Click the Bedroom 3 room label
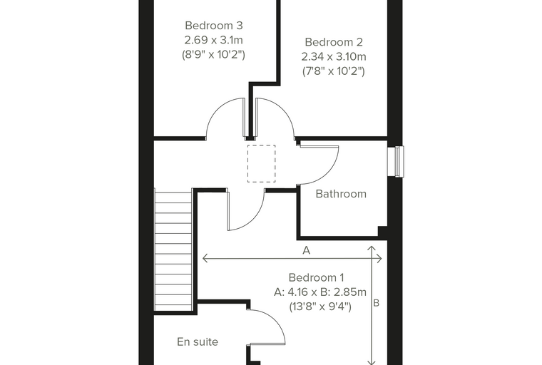coord(214,26)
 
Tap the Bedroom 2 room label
coord(334,42)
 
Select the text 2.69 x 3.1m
coord(214,40)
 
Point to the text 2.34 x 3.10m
coord(334,57)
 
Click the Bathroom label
coord(341,194)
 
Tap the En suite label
coord(198,342)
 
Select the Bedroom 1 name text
coord(316,277)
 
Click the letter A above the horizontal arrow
coord(306,250)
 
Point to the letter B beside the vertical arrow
coord(377,303)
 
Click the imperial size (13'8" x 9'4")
coord(320,307)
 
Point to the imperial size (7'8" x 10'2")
coord(334,71)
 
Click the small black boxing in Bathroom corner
coord(382,231)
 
